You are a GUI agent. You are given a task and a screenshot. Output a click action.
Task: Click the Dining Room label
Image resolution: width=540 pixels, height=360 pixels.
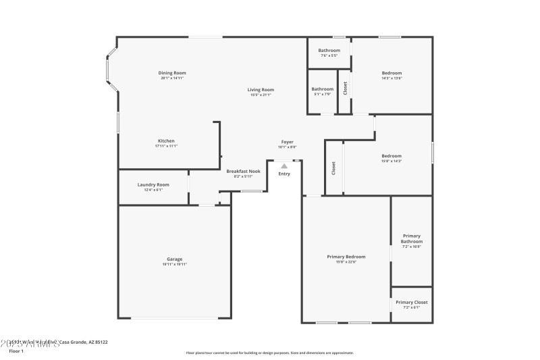pos(172,73)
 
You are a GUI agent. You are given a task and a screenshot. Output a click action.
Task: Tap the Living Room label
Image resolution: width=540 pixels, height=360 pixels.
pos(261,90)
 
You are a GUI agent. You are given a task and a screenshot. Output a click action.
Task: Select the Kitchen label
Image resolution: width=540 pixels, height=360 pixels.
pos(166,141)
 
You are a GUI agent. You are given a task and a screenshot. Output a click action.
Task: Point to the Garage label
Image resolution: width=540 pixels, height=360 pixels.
pos(175,259)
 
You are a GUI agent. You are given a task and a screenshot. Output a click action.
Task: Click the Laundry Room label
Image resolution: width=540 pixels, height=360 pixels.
pos(153,184)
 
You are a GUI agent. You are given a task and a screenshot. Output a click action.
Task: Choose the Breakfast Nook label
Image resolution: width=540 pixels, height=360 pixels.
pos(243,172)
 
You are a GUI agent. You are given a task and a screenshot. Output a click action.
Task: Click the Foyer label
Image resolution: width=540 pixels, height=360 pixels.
pos(288,142)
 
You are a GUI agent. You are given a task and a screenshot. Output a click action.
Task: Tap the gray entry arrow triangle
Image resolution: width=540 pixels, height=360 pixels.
pos(284,165)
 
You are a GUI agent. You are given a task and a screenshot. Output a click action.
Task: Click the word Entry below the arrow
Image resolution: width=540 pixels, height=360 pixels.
pos(284,174)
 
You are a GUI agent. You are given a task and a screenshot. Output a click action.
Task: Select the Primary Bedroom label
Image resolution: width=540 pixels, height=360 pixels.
pos(346,257)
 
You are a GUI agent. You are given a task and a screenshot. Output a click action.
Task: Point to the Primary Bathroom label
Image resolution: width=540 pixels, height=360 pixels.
pos(412,238)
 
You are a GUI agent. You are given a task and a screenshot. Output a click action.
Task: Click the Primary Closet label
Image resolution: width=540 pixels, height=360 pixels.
pos(412,303)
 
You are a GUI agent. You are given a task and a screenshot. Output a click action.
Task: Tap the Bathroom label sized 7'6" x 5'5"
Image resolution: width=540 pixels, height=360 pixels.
pos(329,51)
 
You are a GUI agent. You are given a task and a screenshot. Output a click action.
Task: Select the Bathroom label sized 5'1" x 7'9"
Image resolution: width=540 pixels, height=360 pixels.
pos(322,89)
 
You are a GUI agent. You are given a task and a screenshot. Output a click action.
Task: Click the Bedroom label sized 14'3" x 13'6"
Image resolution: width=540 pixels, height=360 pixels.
pos(391,73)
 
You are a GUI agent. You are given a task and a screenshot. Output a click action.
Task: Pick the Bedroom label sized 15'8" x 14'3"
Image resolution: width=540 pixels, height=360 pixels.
pos(391,156)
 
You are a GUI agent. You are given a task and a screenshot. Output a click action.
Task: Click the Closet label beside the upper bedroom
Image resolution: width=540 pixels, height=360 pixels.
pos(345,88)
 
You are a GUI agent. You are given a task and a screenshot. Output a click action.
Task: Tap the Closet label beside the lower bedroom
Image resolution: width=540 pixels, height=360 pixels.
pos(333,168)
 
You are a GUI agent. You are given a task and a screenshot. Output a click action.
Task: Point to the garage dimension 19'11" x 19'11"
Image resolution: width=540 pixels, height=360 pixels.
pos(175,264)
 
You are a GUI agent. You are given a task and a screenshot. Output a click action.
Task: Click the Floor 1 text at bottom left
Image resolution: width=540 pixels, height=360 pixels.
pos(16,351)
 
